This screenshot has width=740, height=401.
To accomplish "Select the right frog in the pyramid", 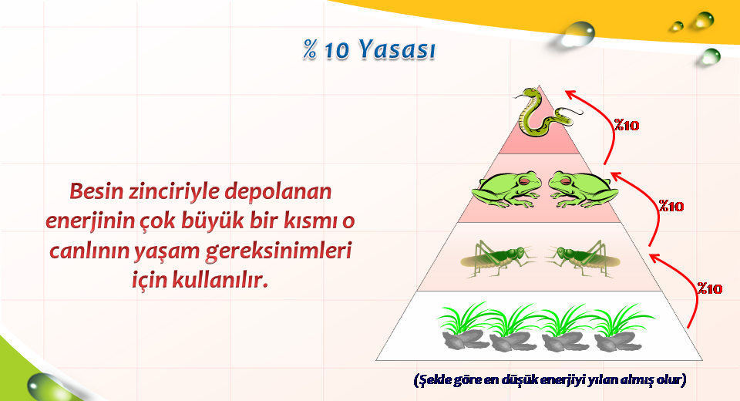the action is point(584,190).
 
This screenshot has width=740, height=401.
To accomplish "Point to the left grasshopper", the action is point(498,258).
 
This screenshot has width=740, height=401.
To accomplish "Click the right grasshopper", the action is point(584,258).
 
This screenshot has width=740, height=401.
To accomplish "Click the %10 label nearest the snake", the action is point(626,125).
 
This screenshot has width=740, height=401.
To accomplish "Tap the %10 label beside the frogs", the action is point(671,207).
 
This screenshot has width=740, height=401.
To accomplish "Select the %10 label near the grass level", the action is point(710,288).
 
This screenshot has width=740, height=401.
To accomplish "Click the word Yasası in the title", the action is point(396,49).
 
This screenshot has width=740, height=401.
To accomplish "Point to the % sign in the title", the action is point(310,49).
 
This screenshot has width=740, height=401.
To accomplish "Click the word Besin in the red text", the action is point(96,191).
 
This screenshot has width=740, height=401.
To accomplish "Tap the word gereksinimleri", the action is point(279,251).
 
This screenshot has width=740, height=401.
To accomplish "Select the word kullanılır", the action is point(220,280).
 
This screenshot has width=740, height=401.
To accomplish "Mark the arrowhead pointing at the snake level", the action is point(572,94).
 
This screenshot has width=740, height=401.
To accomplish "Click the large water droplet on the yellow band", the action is point(578,34).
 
